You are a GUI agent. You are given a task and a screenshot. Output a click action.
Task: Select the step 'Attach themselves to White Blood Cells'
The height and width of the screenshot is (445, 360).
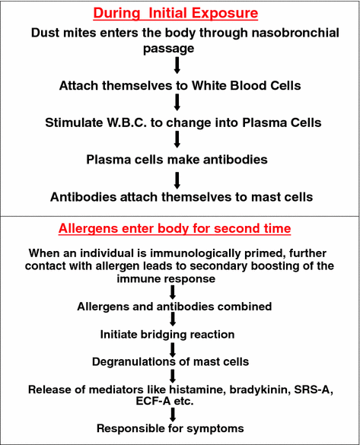(180, 85)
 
